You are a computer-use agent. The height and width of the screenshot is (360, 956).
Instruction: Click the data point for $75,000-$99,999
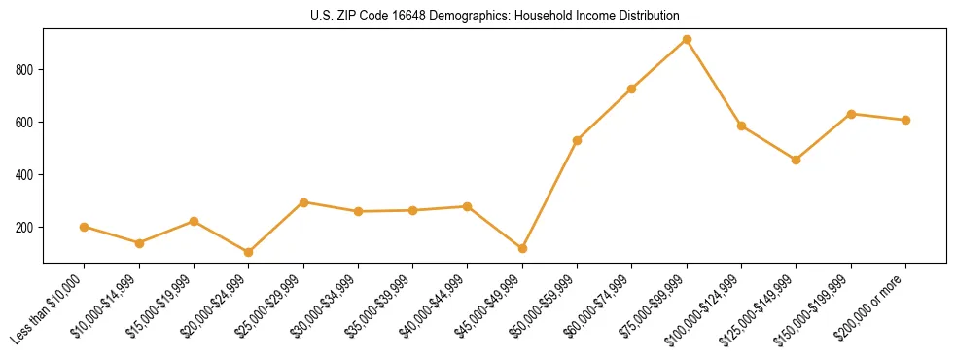click(687, 39)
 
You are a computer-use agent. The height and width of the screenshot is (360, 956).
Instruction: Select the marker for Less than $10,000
click(85, 227)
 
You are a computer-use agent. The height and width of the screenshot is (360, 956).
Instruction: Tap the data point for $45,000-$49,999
click(522, 248)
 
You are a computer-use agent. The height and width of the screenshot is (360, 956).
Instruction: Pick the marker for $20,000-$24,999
click(249, 252)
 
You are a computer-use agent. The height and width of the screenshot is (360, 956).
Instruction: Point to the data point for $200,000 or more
click(905, 120)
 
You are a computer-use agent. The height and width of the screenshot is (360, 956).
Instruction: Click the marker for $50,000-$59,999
click(577, 140)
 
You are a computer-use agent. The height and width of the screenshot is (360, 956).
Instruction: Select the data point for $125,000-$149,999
click(797, 160)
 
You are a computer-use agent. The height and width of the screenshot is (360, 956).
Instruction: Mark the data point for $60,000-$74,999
click(632, 89)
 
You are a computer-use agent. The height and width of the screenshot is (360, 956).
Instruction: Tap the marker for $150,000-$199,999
click(851, 114)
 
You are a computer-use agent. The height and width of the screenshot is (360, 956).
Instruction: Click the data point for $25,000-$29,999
click(303, 202)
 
